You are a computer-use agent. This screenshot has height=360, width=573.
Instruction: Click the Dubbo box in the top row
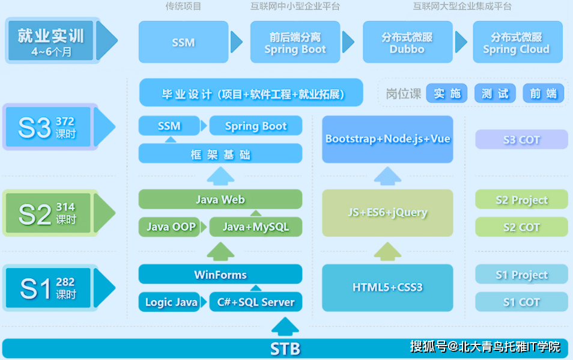pyautogui.click(x=407, y=42)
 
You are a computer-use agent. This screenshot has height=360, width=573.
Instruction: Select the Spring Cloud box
pyautogui.click(x=517, y=42)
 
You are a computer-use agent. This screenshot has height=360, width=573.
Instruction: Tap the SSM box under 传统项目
pyautogui.click(x=183, y=42)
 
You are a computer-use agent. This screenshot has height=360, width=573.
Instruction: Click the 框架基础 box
pyautogui.click(x=220, y=154)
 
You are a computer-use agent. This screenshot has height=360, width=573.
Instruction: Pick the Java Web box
pyautogui.click(x=220, y=200)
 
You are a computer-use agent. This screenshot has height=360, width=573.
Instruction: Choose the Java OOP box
pyautogui.click(x=171, y=227)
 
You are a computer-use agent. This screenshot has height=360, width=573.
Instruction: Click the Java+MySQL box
pyautogui.click(x=255, y=227)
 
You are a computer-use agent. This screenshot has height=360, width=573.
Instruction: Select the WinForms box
pyautogui.click(x=220, y=275)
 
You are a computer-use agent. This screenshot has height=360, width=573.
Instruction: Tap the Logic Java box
pyautogui.click(x=171, y=302)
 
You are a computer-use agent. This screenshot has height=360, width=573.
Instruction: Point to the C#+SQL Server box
pyautogui.click(x=255, y=302)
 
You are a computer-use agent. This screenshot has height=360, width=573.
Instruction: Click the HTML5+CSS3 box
pyautogui.click(x=387, y=288)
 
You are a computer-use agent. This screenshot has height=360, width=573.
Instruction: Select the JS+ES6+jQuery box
pyautogui.click(x=387, y=213)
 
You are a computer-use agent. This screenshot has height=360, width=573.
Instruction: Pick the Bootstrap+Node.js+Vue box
pyautogui.click(x=387, y=139)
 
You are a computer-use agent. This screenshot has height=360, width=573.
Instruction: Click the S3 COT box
pyautogui.click(x=521, y=139)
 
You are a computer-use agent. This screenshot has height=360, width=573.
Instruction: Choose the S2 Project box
pyautogui.click(x=521, y=200)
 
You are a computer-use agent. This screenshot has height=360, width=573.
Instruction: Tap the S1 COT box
pyautogui.click(x=521, y=302)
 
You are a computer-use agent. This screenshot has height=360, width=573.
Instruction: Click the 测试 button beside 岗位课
pyautogui.click(x=495, y=94)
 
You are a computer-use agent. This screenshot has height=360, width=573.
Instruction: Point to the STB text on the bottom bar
pyautogui.click(x=285, y=349)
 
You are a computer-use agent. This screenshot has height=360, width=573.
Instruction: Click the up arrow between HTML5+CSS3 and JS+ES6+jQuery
pyautogui.click(x=387, y=251)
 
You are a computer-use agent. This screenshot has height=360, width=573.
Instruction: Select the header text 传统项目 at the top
pyautogui.click(x=183, y=7)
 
